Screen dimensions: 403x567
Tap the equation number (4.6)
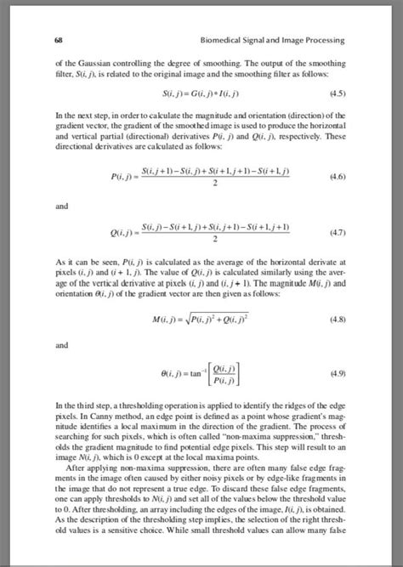(338, 176)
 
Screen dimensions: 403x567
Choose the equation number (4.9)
(338, 373)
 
